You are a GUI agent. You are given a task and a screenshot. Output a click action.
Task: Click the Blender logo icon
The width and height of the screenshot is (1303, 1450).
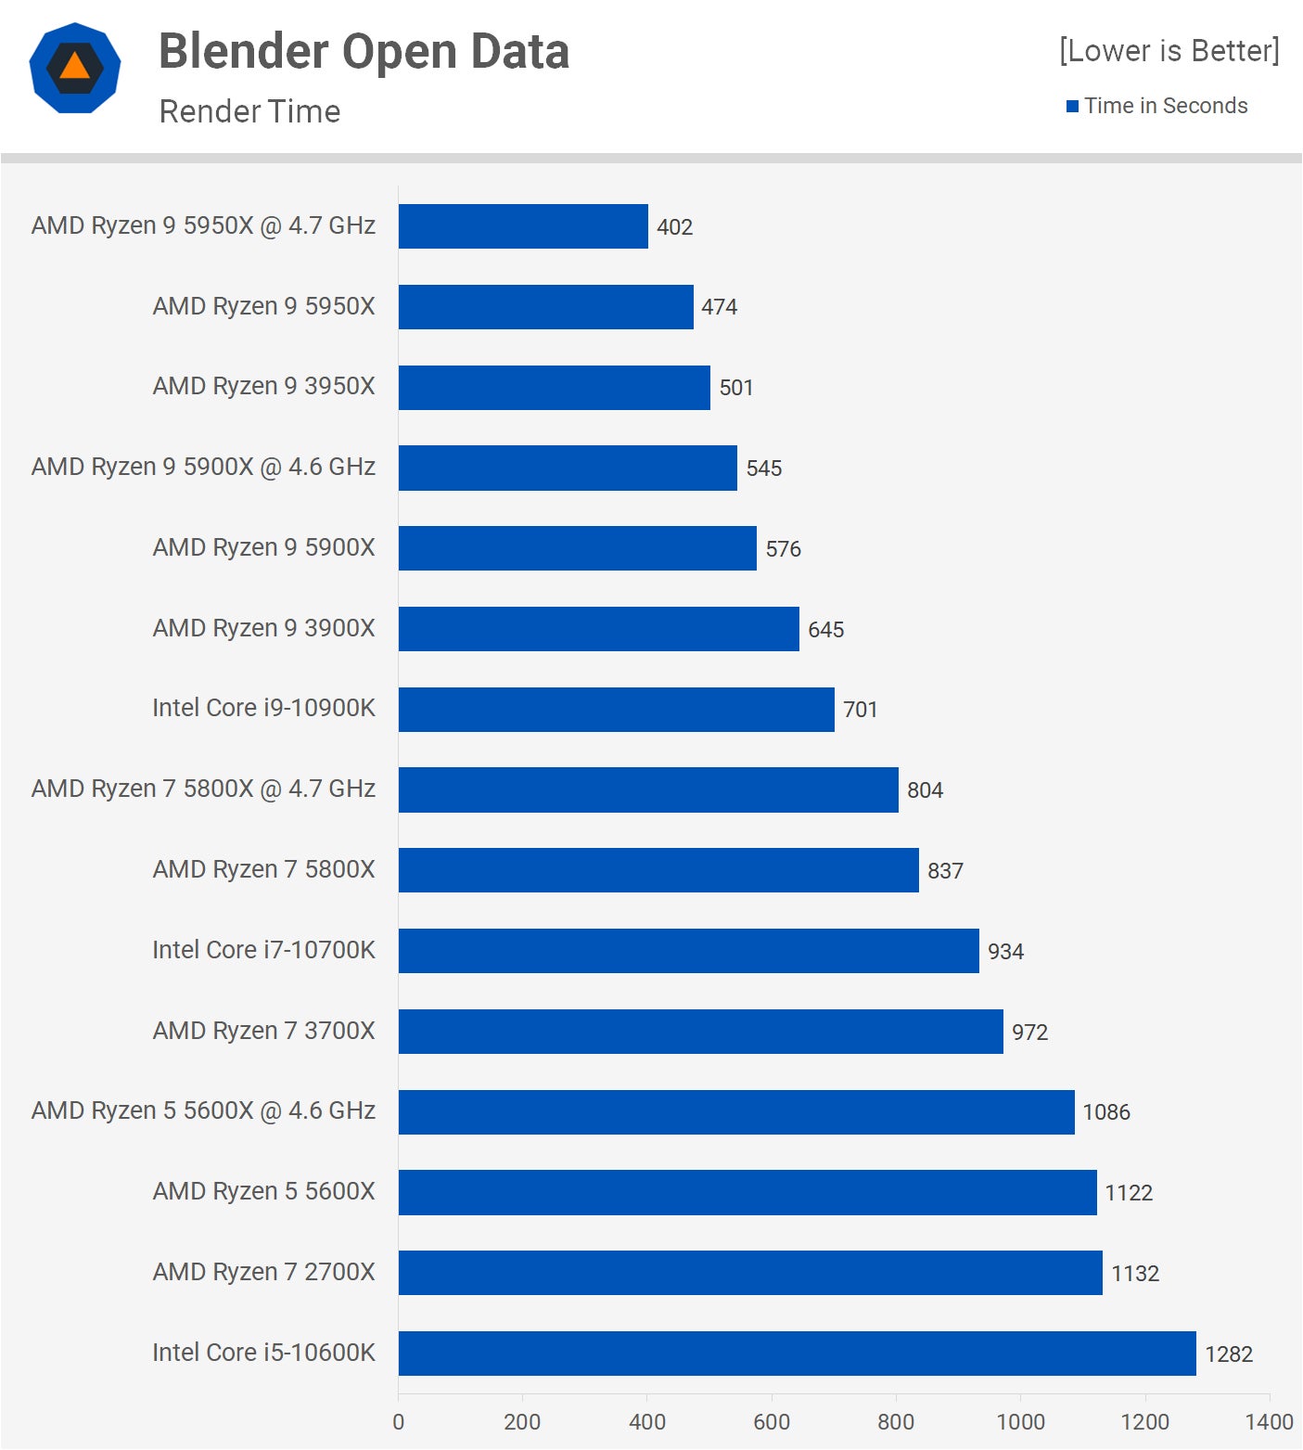75,68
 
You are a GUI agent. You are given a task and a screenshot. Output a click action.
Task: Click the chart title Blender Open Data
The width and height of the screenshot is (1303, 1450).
364,51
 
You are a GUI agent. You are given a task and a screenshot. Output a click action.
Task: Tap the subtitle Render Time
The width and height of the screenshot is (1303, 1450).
249,111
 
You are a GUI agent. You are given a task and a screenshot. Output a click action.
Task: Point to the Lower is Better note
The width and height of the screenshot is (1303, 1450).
1169,50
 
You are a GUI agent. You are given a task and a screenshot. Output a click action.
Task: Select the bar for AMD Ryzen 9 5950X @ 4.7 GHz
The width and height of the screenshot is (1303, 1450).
523,226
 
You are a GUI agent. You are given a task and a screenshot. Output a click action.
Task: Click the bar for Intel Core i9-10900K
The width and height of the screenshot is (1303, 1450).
616,710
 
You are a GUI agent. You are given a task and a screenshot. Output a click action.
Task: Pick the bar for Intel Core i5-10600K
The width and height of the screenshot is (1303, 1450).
797,1354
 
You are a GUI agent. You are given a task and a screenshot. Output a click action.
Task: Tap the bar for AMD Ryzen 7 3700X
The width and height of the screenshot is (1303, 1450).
700,1032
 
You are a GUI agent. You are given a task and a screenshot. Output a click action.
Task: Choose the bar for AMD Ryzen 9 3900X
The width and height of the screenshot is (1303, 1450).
598,629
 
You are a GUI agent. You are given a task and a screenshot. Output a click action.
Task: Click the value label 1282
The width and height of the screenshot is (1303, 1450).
1228,1354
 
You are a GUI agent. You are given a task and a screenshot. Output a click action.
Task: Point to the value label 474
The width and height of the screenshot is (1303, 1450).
719,307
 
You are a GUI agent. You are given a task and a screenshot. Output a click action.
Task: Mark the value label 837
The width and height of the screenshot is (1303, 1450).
945,871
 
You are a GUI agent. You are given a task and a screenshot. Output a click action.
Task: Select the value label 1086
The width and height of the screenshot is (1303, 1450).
1106,1112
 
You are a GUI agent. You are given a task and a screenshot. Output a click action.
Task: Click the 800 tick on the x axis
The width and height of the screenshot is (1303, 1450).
896,1421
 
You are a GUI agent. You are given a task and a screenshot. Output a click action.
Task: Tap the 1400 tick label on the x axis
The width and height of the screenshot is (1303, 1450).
1269,1421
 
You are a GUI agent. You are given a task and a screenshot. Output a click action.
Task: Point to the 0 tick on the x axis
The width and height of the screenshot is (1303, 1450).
399,1421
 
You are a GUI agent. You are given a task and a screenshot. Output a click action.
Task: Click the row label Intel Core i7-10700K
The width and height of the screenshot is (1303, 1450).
263,950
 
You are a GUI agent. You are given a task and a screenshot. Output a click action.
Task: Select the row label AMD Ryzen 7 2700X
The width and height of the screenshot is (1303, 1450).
263,1272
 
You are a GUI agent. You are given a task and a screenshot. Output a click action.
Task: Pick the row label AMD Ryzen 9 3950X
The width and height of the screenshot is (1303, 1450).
263,386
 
